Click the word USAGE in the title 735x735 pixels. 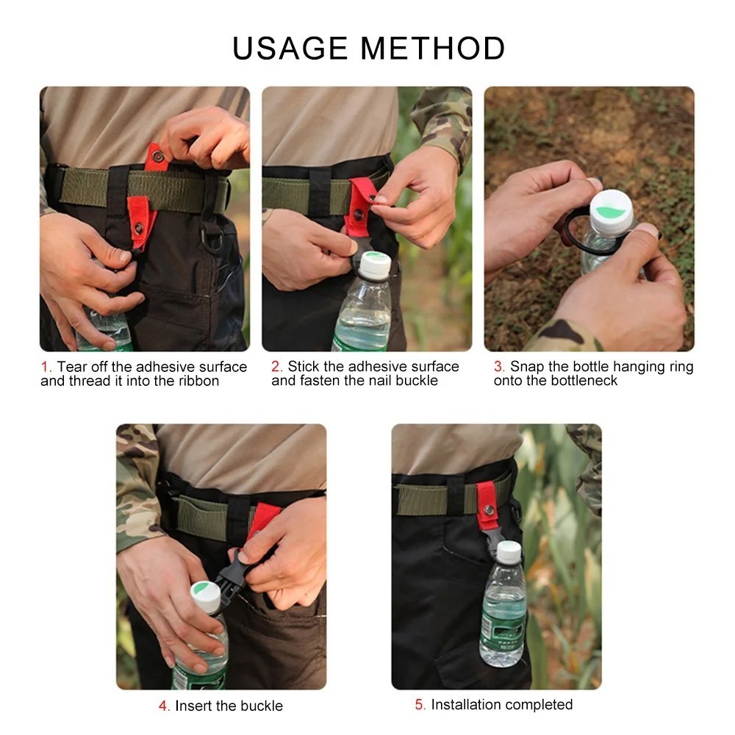(x=290, y=49)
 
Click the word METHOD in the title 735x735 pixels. (x=433, y=49)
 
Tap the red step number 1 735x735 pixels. (x=46, y=367)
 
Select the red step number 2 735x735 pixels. (x=276, y=366)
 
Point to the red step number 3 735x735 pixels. (x=499, y=366)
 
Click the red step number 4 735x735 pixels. (x=164, y=706)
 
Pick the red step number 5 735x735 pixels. (x=420, y=705)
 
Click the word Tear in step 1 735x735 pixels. (x=72, y=367)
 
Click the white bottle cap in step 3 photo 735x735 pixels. (x=611, y=212)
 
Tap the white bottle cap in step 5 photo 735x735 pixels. (x=509, y=552)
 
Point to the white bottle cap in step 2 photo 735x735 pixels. (x=375, y=265)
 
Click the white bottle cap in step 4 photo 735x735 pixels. (x=206, y=596)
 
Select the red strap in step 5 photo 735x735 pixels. (x=487, y=506)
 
